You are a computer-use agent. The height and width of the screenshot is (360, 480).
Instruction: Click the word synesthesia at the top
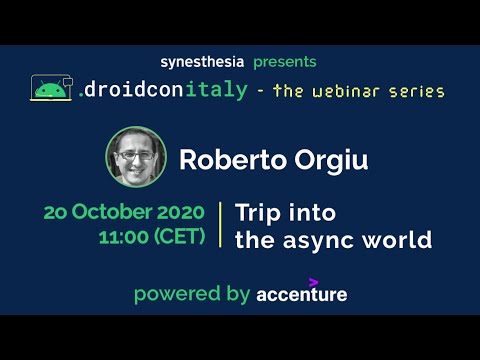(x=201, y=62)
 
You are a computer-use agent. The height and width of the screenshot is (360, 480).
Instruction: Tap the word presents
(x=284, y=62)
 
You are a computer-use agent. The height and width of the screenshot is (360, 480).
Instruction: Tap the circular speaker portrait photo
(x=136, y=157)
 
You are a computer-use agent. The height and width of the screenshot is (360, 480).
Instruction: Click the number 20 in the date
(x=56, y=213)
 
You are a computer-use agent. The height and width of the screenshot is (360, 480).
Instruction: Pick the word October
(x=111, y=213)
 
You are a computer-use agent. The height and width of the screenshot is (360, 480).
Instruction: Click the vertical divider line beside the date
(x=220, y=225)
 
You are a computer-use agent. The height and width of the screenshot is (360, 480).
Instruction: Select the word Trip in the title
(x=257, y=213)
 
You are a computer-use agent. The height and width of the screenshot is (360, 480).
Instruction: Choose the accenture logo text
(x=301, y=295)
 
